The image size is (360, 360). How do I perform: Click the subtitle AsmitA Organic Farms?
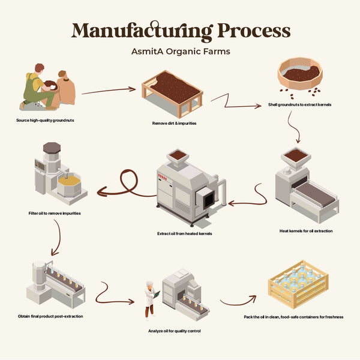click(x=181, y=52)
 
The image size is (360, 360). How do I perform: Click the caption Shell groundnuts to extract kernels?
click(x=300, y=105)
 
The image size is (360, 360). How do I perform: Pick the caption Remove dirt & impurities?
click(x=175, y=123)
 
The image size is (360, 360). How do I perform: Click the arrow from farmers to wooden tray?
click(x=108, y=91)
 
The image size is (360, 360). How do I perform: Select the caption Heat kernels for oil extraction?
click(x=306, y=230)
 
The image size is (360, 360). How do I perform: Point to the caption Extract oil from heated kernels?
click(x=184, y=233)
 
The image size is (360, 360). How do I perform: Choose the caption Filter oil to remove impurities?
click(x=55, y=213)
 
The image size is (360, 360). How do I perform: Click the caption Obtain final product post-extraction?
click(x=50, y=316)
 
